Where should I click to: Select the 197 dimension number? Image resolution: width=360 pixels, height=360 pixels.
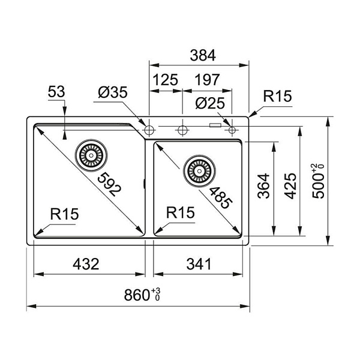(x=207, y=79)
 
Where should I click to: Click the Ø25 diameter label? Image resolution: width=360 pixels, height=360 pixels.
(x=210, y=103)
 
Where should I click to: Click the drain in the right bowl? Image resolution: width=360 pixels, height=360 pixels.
(x=197, y=170)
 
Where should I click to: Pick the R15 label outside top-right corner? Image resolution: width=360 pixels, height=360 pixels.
(x=277, y=97)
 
